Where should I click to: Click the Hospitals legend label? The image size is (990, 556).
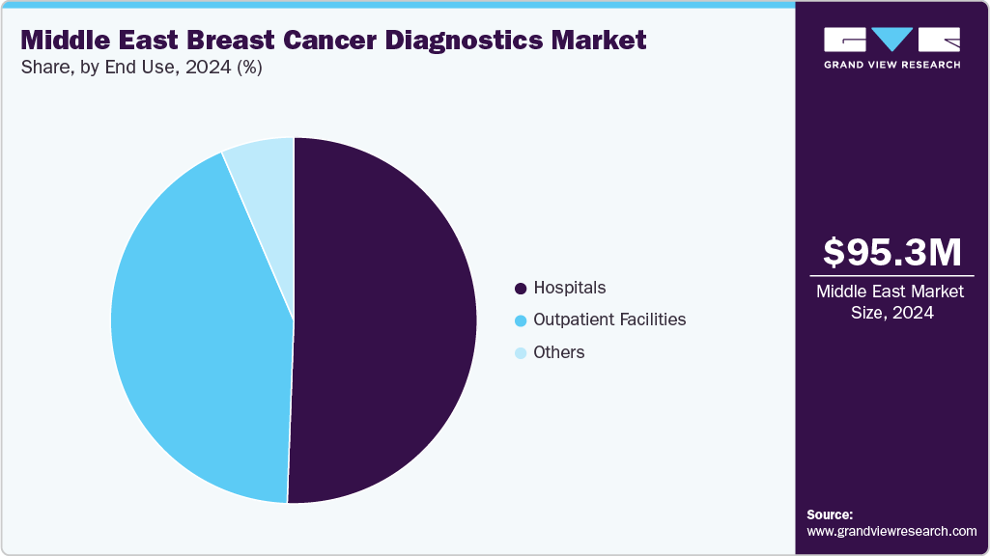570,288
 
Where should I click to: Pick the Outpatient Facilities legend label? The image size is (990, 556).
609,320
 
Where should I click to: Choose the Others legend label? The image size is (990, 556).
559,352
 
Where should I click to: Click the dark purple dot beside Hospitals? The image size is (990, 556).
522,289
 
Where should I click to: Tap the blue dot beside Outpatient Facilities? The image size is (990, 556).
522,320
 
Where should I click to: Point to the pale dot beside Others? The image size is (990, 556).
522,353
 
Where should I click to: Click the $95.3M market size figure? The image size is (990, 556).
891,253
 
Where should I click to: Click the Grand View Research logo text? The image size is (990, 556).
891,65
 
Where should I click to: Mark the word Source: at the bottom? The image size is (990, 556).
830,514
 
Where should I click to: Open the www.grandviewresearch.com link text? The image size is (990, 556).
891,531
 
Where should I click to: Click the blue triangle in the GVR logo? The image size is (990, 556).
891,40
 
